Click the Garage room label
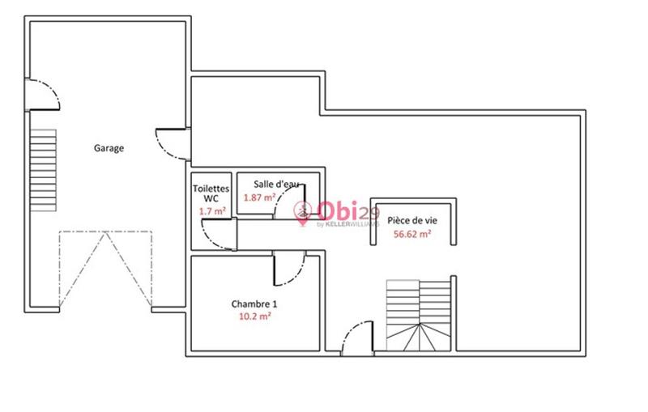109,148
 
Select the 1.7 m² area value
211,211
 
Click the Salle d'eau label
275,183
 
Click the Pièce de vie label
411,220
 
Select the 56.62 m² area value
411,234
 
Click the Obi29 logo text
340,211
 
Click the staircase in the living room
419,315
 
